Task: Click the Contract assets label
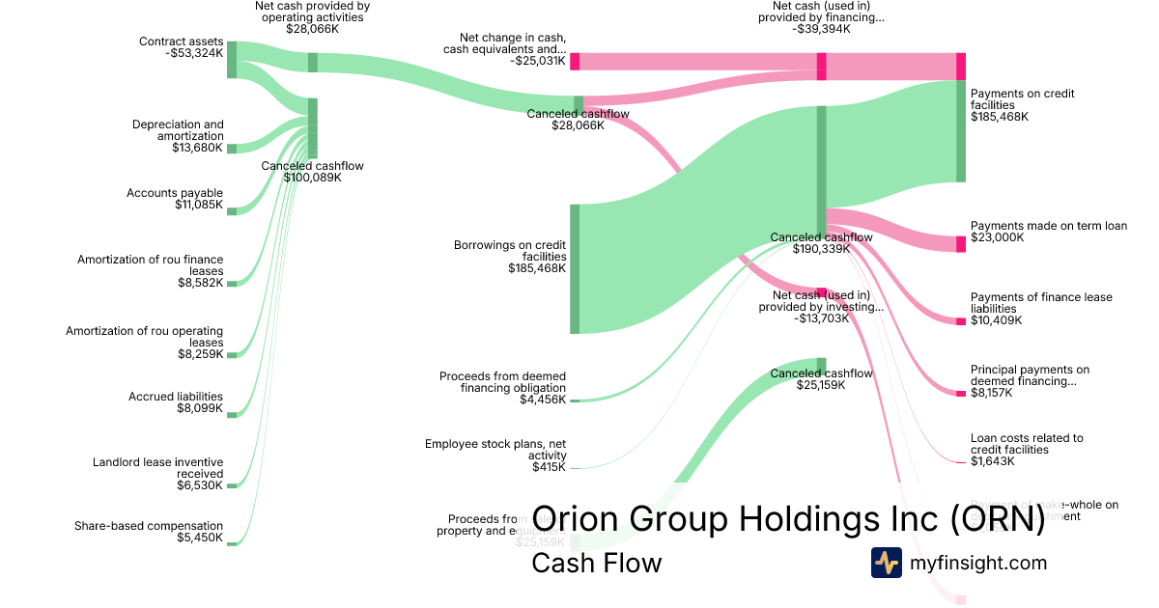point(181,41)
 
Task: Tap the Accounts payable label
point(175,193)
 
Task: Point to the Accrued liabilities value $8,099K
point(199,408)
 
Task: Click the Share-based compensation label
point(149,526)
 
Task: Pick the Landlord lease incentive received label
point(157,468)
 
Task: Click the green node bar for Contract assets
point(232,60)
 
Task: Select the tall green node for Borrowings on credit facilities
point(575,268)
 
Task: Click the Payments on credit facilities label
point(1022,99)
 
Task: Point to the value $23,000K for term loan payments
point(997,237)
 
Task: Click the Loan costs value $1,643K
point(993,461)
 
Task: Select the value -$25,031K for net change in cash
point(538,61)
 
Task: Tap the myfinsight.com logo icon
point(886,563)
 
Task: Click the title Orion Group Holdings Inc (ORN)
point(788,518)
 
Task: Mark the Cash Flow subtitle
point(596,563)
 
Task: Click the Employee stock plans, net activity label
point(495,450)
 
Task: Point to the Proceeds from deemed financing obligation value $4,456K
point(542,400)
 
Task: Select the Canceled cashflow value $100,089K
point(312,178)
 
